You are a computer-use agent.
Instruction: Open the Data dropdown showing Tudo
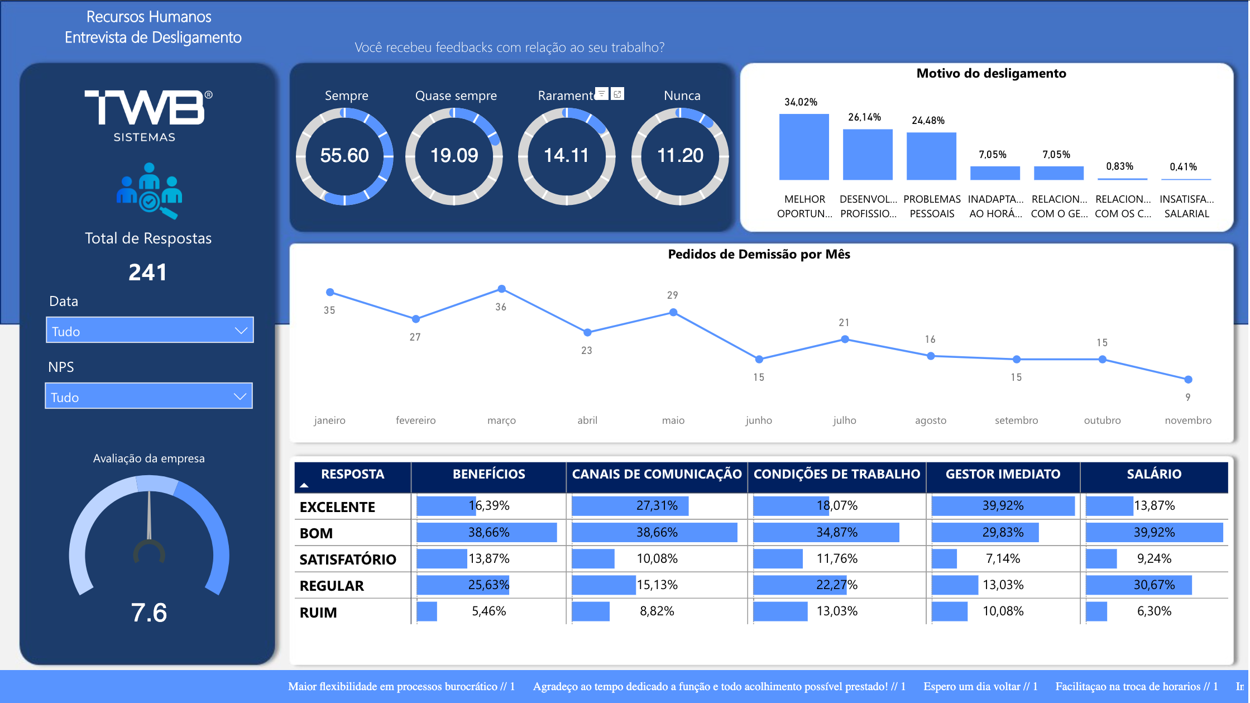pos(150,331)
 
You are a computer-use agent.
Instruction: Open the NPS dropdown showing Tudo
pos(149,396)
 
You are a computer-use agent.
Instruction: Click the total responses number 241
pos(147,272)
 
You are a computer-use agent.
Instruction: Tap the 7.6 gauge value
pos(149,613)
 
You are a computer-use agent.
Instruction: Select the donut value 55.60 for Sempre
pos(344,156)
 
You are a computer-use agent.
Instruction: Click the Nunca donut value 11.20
pos(680,156)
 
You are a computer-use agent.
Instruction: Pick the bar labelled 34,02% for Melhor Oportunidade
pos(804,147)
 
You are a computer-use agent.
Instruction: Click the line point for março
pos(501,289)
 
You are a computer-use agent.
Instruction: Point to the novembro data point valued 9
pos(1188,380)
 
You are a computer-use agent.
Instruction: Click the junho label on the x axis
pos(759,420)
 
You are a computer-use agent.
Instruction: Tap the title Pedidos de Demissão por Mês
pos(759,255)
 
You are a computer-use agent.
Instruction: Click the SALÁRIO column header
pos(1153,475)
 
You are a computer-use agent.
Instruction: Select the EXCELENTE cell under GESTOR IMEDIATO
pos(1003,506)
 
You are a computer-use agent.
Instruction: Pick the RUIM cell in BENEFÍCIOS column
pos(488,611)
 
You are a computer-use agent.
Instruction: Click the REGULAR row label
pos(332,586)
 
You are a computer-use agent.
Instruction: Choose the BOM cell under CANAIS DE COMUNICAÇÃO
pos(657,533)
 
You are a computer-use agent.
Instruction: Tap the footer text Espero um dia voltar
pos(980,687)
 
